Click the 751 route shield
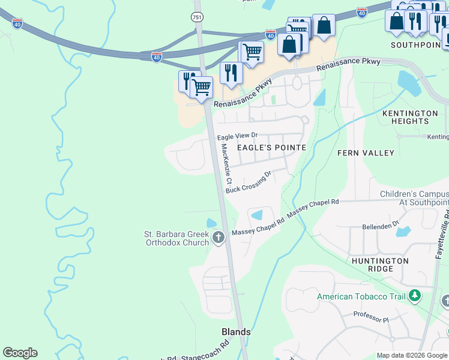tap(197, 17)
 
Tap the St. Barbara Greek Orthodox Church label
tap(176, 238)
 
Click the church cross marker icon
tap(218, 238)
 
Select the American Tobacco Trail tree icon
tap(414, 296)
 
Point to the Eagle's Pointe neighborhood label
tap(271, 147)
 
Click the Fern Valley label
tap(366, 153)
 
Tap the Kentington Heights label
tap(410, 117)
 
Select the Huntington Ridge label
tap(380, 265)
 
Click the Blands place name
tap(236, 332)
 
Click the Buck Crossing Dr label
tap(249, 182)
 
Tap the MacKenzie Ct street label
tap(226, 164)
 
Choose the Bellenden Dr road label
tap(381, 226)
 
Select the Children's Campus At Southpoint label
tap(415, 199)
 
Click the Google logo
tap(20, 353)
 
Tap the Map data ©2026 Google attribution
tap(412, 355)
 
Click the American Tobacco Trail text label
tap(361, 296)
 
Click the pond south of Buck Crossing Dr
tap(256, 215)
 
